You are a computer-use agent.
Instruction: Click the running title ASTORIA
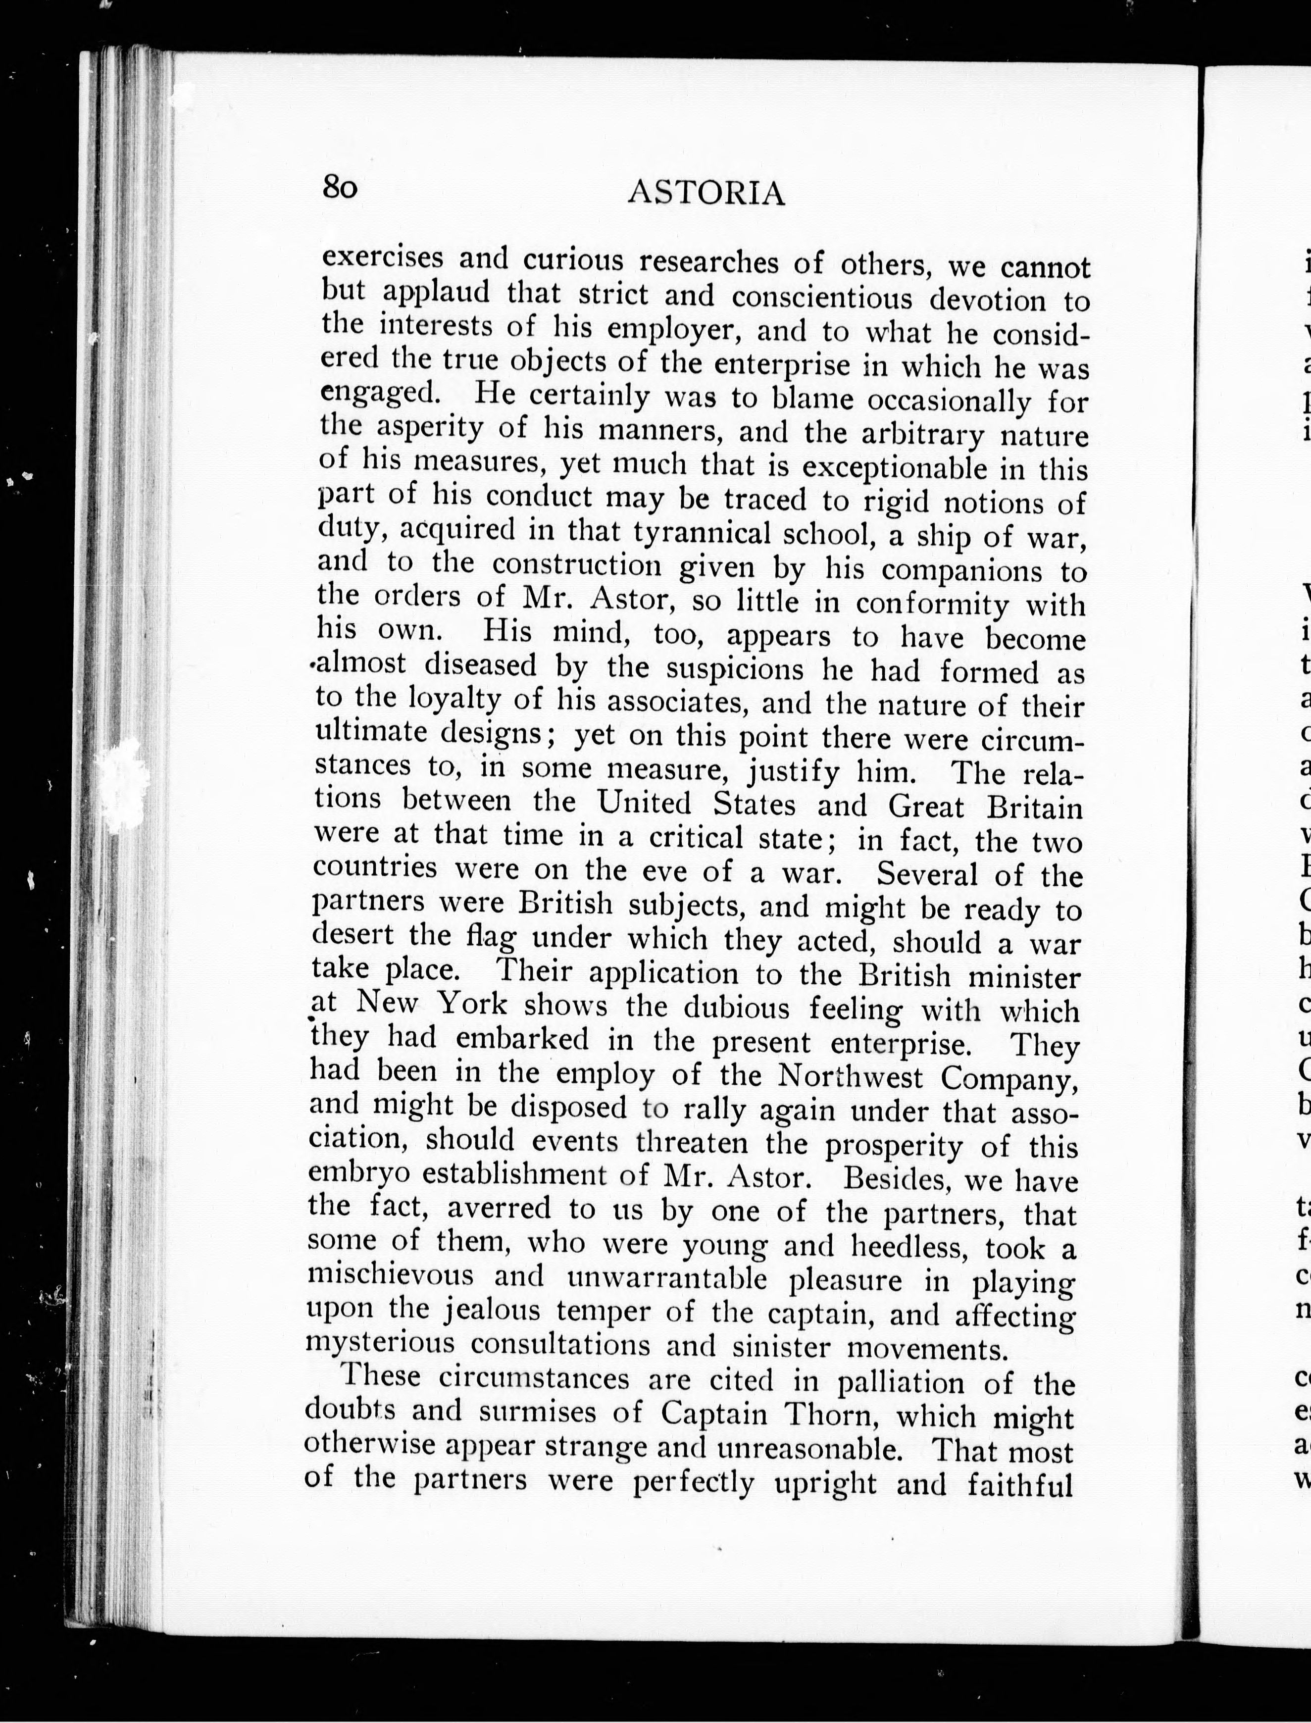(x=706, y=193)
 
